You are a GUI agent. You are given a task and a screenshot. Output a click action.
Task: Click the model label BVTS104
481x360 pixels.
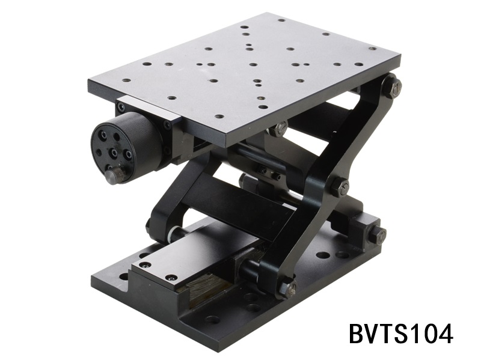click(400, 332)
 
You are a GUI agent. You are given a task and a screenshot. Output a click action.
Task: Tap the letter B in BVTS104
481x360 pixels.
click(359, 332)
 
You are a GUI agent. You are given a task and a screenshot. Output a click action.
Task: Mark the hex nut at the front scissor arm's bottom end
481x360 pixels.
click(287, 288)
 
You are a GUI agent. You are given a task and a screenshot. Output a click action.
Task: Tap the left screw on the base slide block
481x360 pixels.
click(144, 264)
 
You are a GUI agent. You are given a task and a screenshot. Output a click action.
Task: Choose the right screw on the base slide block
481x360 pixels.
click(171, 277)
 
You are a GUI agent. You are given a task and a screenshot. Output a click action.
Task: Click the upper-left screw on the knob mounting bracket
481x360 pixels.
click(121, 108)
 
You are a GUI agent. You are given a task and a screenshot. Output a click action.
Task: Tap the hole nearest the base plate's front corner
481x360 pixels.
click(212, 319)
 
